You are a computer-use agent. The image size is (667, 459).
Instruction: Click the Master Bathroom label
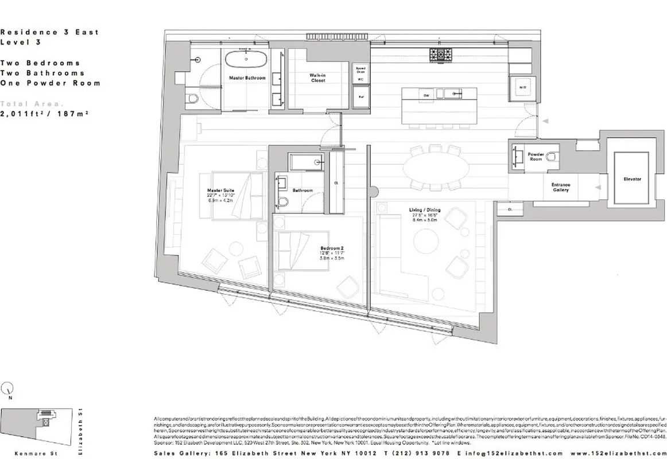pos(247,77)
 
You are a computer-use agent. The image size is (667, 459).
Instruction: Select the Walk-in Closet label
pos(317,78)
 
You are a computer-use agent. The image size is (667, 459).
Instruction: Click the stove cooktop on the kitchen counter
pos(440,55)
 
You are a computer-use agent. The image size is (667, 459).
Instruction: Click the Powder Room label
pos(536,156)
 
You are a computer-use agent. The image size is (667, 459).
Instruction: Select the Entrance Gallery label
pos(561,187)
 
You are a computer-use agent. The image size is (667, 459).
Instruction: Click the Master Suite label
pos(220,190)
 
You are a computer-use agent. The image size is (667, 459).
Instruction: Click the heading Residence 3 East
pos(49,32)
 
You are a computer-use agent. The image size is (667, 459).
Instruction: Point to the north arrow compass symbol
pos(7,388)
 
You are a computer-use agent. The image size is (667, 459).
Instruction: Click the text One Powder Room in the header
pos(50,83)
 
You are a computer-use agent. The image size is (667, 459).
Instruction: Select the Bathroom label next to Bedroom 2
pos(302,190)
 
